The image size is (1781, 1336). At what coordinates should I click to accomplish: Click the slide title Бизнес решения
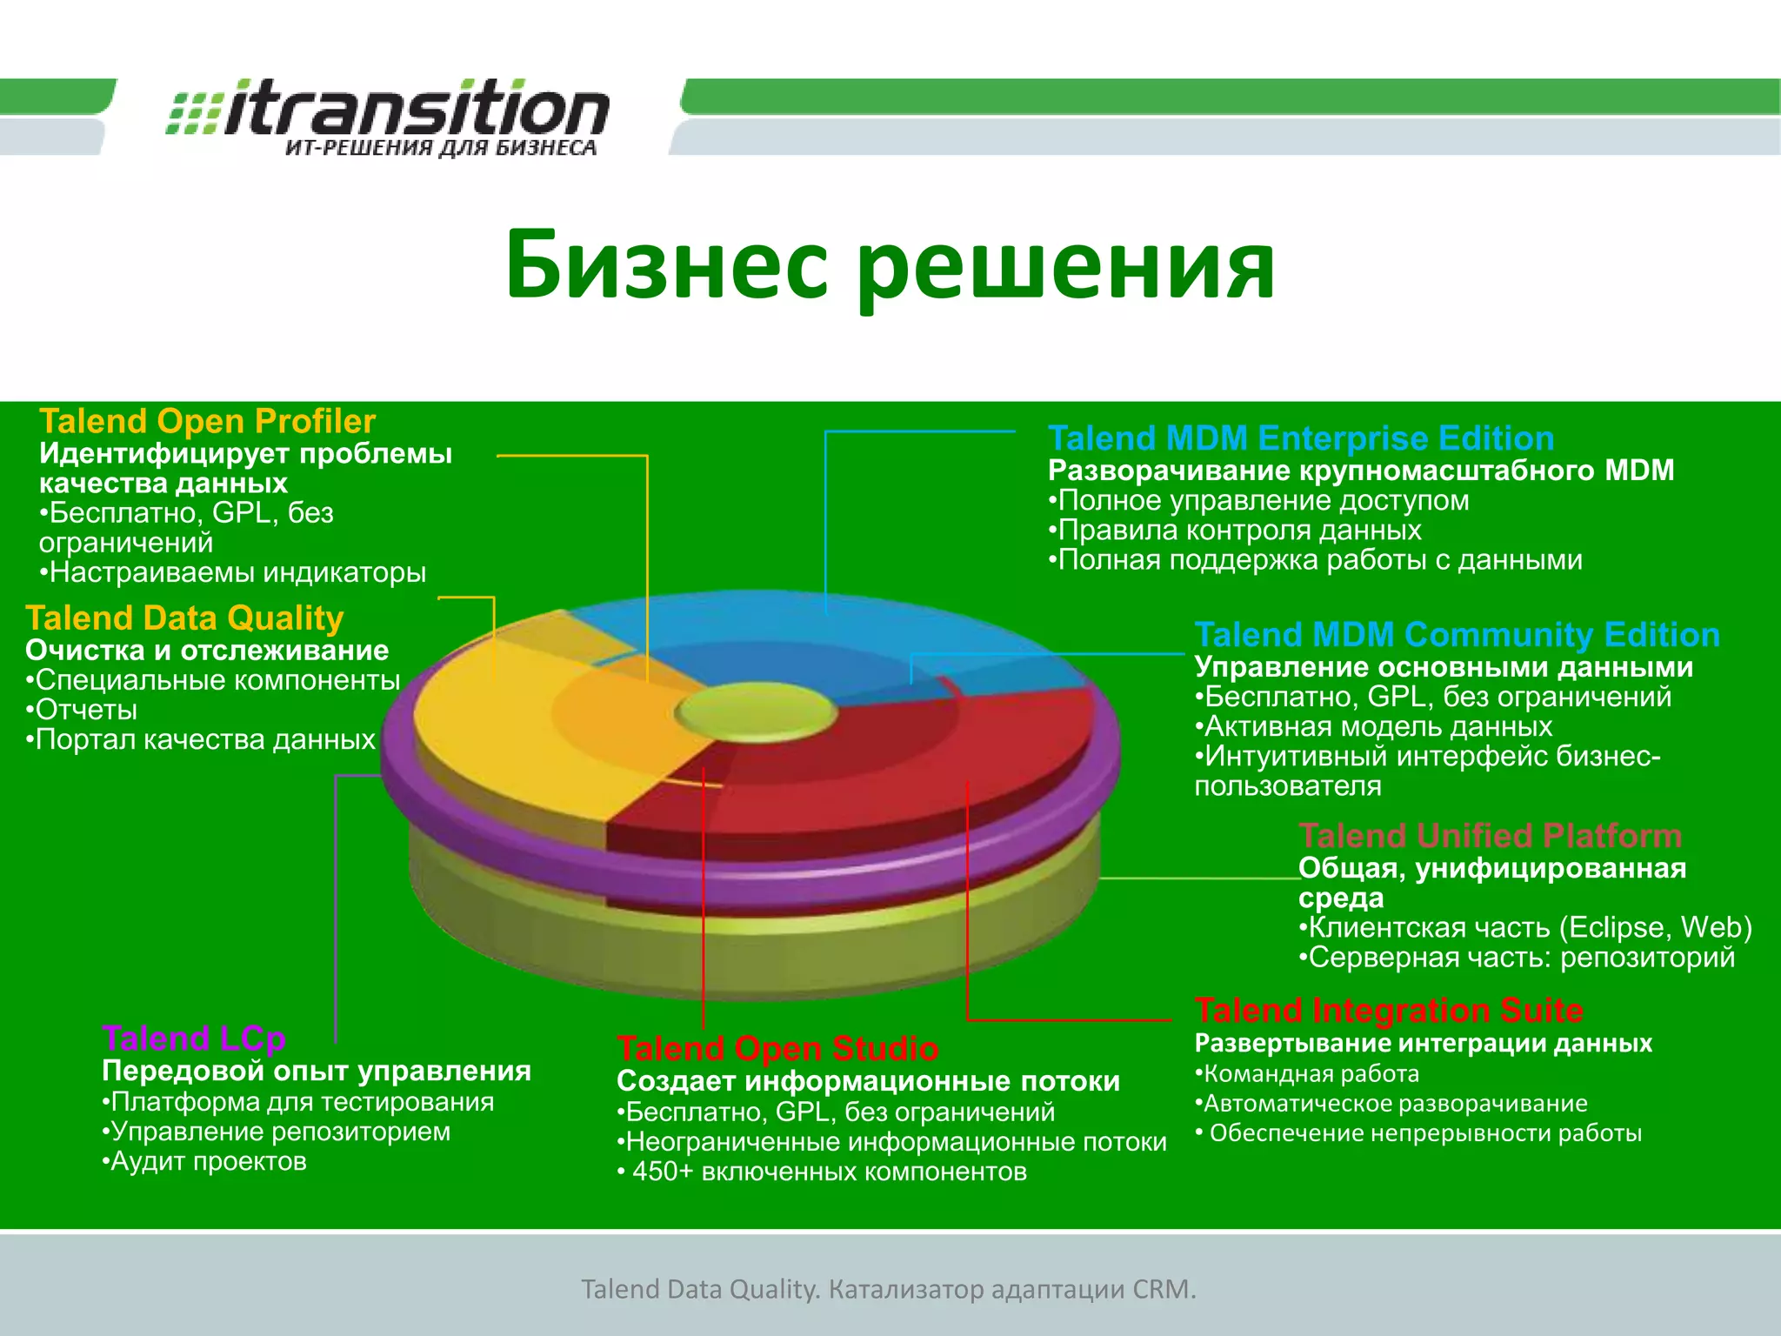click(x=890, y=264)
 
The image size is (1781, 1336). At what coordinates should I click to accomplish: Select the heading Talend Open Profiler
click(x=207, y=422)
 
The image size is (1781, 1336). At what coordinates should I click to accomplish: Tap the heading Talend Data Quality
click(x=184, y=618)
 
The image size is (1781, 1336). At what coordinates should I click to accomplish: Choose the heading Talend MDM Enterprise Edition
click(x=1301, y=438)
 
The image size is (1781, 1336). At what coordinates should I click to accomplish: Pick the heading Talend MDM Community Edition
click(x=1457, y=635)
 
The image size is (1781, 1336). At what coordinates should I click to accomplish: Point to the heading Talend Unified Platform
click(x=1490, y=836)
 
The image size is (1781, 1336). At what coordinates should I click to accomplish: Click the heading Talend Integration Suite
click(x=1389, y=1011)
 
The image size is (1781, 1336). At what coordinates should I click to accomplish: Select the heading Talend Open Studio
click(x=777, y=1049)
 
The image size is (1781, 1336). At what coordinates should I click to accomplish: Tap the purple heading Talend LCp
click(x=193, y=1039)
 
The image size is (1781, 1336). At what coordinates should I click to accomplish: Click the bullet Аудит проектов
click(x=205, y=1162)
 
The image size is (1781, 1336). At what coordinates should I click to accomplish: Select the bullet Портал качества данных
click(x=202, y=740)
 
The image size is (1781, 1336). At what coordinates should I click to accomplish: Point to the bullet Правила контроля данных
click(x=1236, y=531)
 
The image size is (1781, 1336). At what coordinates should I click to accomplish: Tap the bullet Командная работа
click(x=1308, y=1074)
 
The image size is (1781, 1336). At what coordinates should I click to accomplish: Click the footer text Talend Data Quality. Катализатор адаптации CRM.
click(x=889, y=1289)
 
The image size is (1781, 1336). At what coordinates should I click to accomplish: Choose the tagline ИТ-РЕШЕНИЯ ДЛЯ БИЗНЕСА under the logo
click(x=441, y=148)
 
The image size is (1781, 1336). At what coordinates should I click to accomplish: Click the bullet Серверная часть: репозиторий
click(x=1518, y=958)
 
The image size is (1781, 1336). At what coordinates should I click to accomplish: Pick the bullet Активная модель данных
click(x=1374, y=726)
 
